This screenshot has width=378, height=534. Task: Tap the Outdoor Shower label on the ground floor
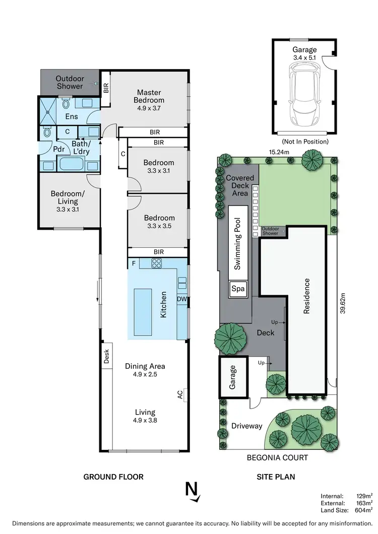[x=70, y=83]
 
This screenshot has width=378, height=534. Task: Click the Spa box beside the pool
[x=237, y=289]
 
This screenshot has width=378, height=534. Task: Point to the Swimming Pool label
[x=237, y=243]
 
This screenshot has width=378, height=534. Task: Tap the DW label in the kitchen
[x=181, y=299]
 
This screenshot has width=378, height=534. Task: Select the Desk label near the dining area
[x=106, y=357]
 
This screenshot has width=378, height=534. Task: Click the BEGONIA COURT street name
[x=277, y=458]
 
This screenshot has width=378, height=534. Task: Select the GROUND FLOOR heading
[x=113, y=477]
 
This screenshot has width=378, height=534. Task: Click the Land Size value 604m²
[x=363, y=510]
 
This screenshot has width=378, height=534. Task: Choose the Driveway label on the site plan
[x=246, y=426]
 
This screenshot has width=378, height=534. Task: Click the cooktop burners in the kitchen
[x=157, y=262]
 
